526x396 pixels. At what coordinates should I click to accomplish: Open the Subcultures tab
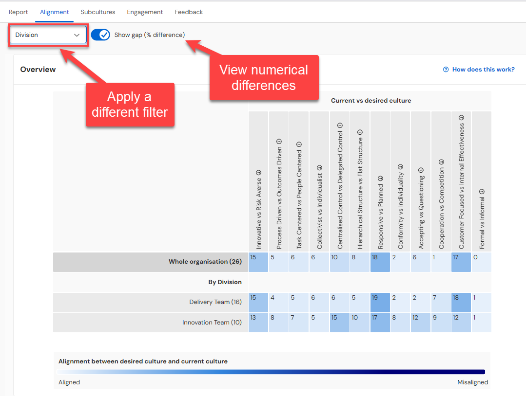pyautogui.click(x=97, y=12)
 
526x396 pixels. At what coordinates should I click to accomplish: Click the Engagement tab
pyautogui.click(x=145, y=12)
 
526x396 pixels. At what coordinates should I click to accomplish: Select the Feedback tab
pyautogui.click(x=189, y=12)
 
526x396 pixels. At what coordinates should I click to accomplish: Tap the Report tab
pyautogui.click(x=18, y=12)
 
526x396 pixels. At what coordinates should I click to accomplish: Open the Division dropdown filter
pyautogui.click(x=48, y=35)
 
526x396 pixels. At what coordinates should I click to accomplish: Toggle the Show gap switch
pyautogui.click(x=100, y=35)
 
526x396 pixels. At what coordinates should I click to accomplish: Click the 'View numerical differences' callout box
pyautogui.click(x=264, y=78)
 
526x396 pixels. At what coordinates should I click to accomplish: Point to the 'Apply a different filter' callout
pyautogui.click(x=130, y=105)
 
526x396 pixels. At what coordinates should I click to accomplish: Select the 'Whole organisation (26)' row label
pyautogui.click(x=205, y=261)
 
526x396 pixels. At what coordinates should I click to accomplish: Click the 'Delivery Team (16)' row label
pyautogui.click(x=215, y=302)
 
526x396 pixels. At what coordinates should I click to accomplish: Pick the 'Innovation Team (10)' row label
pyautogui.click(x=212, y=323)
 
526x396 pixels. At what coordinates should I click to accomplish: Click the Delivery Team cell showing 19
pyautogui.click(x=380, y=303)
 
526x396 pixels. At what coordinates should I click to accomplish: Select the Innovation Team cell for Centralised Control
pyautogui.click(x=339, y=323)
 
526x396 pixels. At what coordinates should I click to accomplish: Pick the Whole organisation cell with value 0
pyautogui.click(x=481, y=262)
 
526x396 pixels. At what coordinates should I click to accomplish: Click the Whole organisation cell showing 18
pyautogui.click(x=380, y=262)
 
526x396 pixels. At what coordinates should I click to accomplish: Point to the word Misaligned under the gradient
pyautogui.click(x=473, y=382)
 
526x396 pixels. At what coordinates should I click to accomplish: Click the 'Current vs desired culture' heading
pyautogui.click(x=371, y=100)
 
